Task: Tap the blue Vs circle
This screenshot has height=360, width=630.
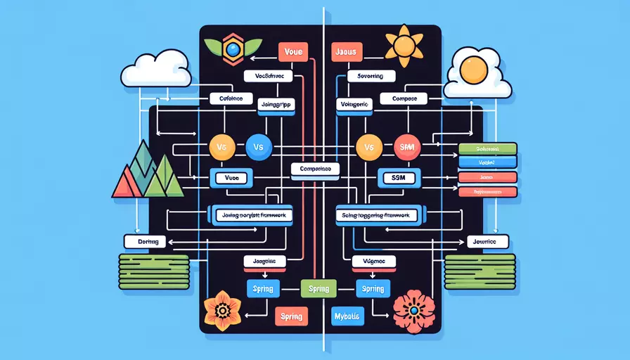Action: (x=259, y=148)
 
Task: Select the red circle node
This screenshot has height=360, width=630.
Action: (x=406, y=148)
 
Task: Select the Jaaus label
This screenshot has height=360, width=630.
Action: (x=345, y=51)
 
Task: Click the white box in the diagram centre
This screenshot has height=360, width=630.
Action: (x=315, y=169)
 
